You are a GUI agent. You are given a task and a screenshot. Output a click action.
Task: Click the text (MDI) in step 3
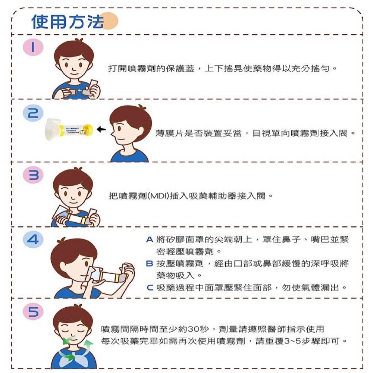click(159, 195)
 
